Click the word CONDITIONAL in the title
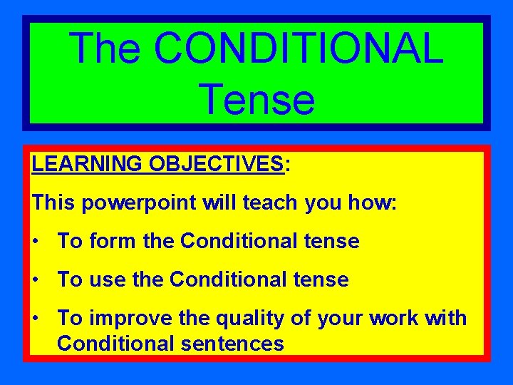[x=298, y=48]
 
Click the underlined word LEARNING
[x=87, y=164]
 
